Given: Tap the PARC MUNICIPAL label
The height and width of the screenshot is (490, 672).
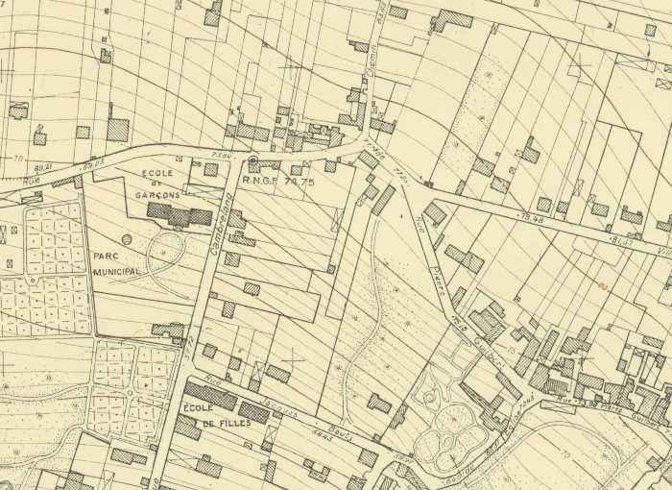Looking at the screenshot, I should tap(117, 264).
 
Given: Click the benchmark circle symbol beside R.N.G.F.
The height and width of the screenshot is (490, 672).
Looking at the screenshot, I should tap(252, 161).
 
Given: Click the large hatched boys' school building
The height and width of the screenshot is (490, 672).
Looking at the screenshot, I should tap(180, 215).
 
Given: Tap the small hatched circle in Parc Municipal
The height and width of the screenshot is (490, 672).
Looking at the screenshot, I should tap(127, 238).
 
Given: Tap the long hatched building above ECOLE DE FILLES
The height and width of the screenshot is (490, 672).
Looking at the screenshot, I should tap(210, 394).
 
